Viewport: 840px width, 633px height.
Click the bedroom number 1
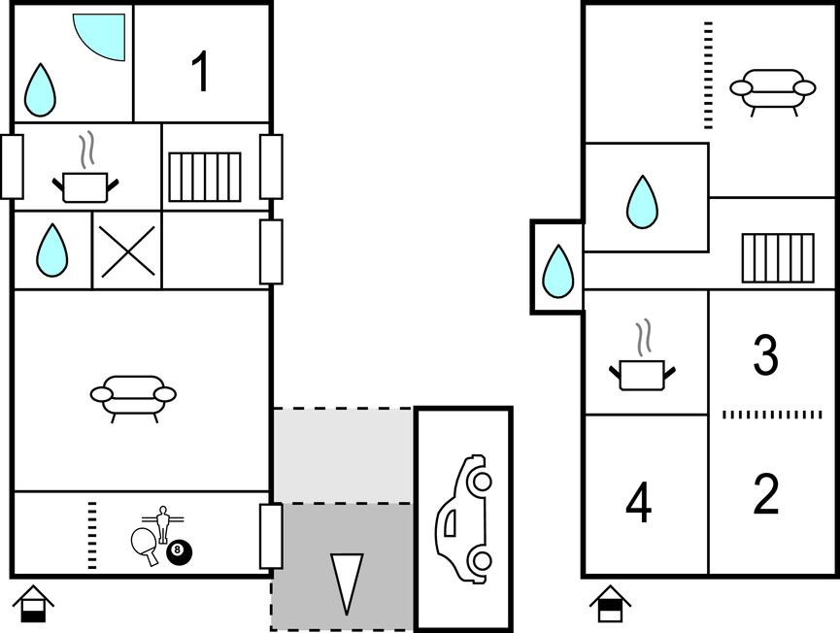point(200,72)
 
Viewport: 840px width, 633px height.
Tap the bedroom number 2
point(766,494)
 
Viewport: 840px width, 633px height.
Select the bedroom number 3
point(765,354)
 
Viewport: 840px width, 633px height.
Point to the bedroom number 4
point(639,501)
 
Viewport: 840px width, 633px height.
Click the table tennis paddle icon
point(145,546)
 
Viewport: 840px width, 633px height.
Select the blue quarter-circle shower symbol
point(99,37)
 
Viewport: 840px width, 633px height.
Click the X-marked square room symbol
point(127,251)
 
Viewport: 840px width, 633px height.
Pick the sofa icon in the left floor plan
point(133,398)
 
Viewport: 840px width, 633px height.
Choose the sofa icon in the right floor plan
point(772,91)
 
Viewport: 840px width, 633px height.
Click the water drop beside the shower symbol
point(40,90)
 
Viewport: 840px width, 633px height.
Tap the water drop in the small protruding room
point(557,271)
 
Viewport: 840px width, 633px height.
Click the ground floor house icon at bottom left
point(33,604)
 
